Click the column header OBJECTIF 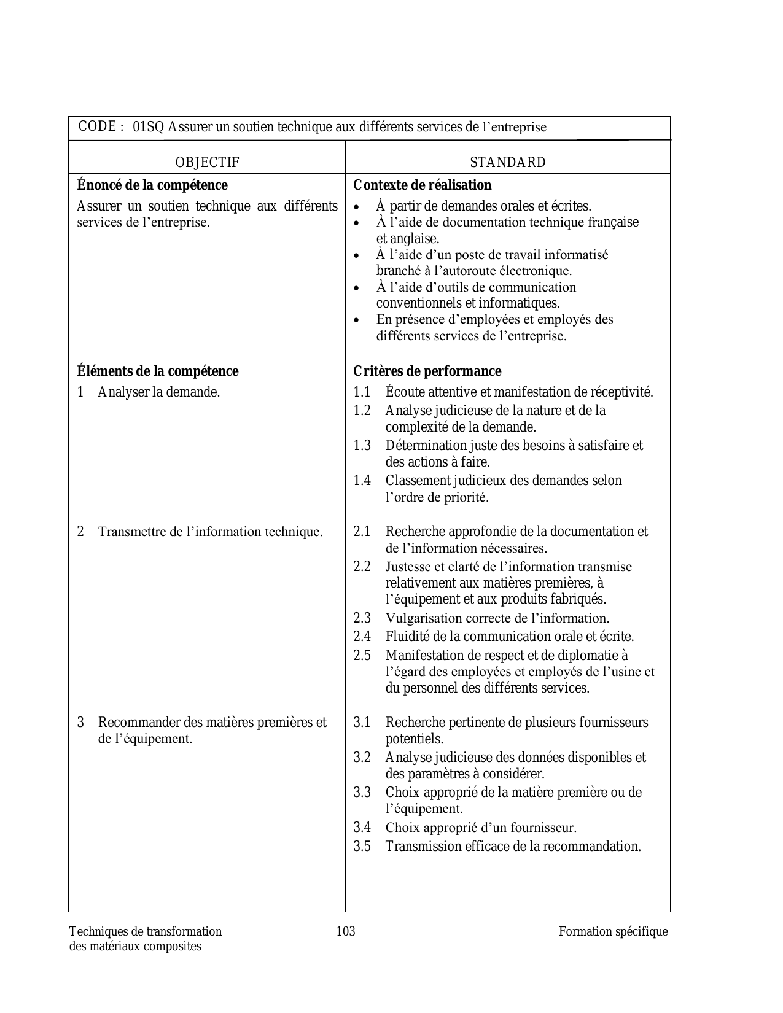(x=207, y=162)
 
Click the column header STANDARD (x=508, y=162)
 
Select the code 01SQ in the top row (x=149, y=127)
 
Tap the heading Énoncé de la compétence (x=152, y=185)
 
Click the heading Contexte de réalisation (x=422, y=185)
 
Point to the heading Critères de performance (x=427, y=371)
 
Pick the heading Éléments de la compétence (x=158, y=371)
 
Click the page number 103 (x=346, y=931)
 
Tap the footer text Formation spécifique (x=613, y=931)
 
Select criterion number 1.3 (x=362, y=445)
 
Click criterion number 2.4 (x=362, y=637)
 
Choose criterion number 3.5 (x=362, y=847)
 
